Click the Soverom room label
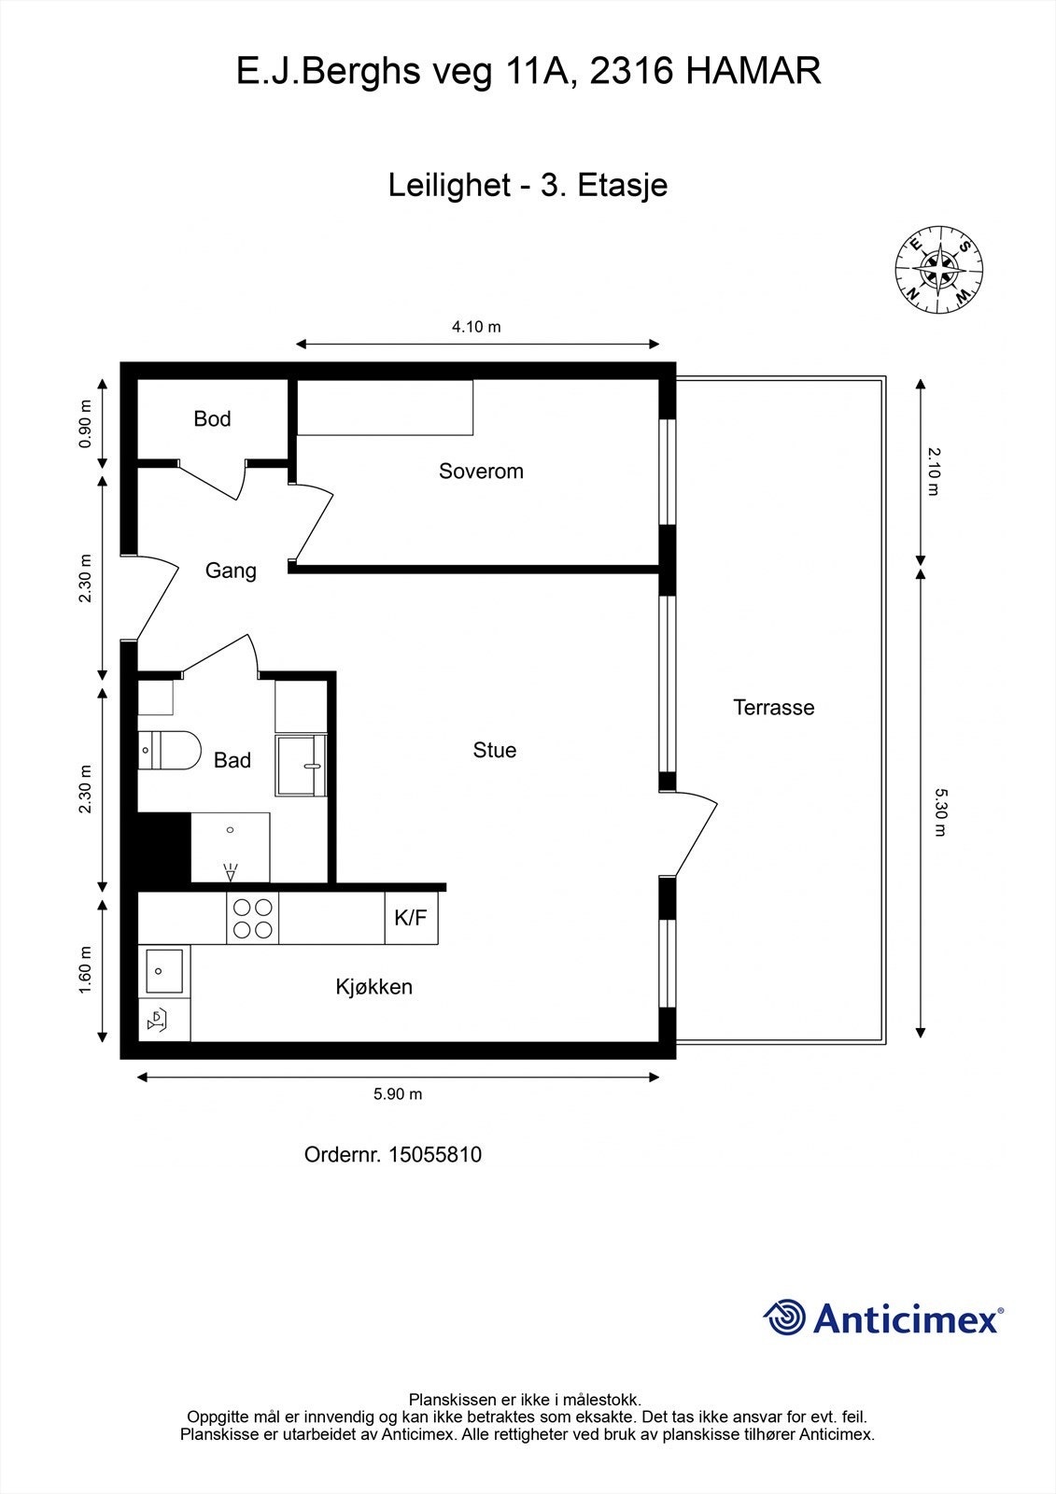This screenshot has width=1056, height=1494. tap(481, 471)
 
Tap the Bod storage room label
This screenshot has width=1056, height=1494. tap(212, 418)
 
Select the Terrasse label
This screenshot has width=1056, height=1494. tap(774, 707)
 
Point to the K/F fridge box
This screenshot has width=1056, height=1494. tap(411, 918)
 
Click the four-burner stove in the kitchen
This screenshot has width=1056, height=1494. tap(253, 918)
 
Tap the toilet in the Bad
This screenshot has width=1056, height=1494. tap(169, 751)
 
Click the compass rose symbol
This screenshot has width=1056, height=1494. tap(938, 270)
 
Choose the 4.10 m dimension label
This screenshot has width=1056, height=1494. tap(476, 327)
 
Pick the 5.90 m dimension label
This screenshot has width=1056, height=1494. tap(398, 1093)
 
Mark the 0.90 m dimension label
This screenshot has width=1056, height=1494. tap(85, 424)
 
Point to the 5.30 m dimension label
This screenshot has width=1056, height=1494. tap(940, 812)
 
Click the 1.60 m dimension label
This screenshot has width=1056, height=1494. tap(85, 970)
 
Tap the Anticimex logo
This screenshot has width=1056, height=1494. tap(883, 1318)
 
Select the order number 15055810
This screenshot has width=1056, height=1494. tap(435, 1154)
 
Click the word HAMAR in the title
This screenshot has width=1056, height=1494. tap(753, 71)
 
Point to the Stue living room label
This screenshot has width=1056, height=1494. tap(494, 750)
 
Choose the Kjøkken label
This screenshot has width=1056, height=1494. tap(374, 986)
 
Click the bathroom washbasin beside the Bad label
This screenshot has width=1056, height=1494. tap(302, 765)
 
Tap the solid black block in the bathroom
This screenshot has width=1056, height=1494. tap(164, 847)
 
